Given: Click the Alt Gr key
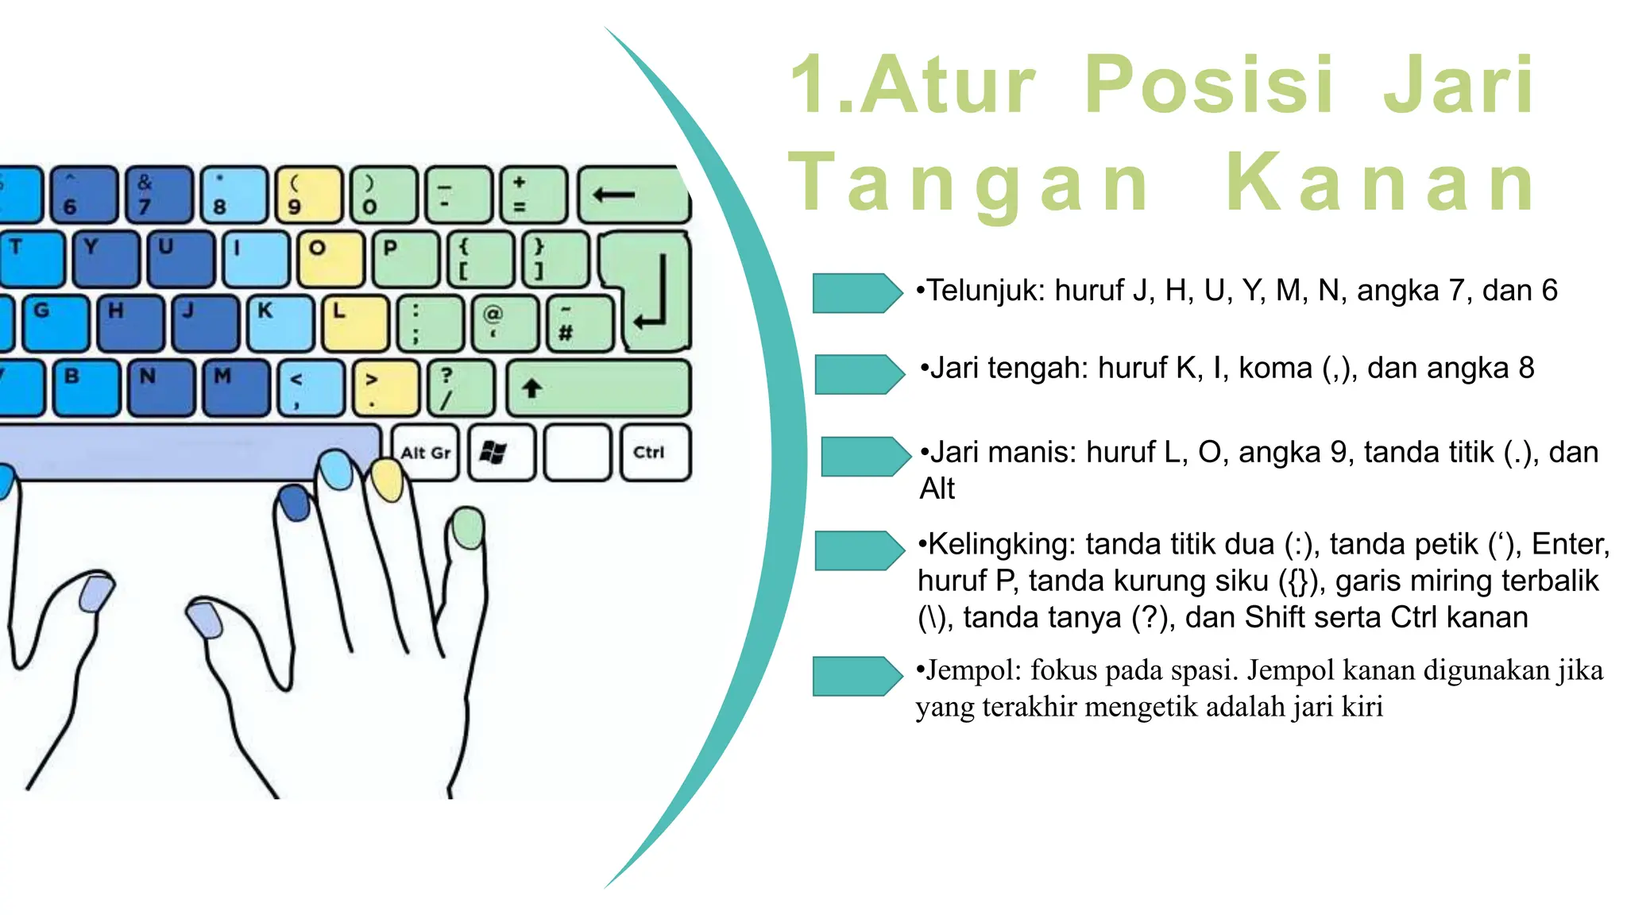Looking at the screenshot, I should (x=426, y=453).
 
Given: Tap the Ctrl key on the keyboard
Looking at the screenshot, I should (x=655, y=453).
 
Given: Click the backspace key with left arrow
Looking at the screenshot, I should (x=632, y=195).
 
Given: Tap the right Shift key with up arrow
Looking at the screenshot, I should (x=598, y=388).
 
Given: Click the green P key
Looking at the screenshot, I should (x=405, y=259).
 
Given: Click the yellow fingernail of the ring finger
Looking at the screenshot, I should (x=388, y=481).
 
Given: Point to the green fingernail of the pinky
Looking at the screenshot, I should (x=468, y=528).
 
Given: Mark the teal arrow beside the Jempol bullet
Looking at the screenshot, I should (x=856, y=677).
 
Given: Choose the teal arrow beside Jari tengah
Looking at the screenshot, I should (x=859, y=374).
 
